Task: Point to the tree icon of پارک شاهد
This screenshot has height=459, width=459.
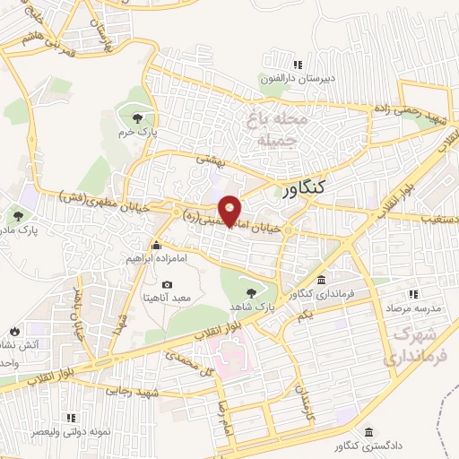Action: point(250,290)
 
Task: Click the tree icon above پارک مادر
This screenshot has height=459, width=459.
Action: point(18,214)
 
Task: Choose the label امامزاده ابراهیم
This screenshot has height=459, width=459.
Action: point(157,256)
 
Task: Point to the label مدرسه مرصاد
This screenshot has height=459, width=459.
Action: point(413,306)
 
